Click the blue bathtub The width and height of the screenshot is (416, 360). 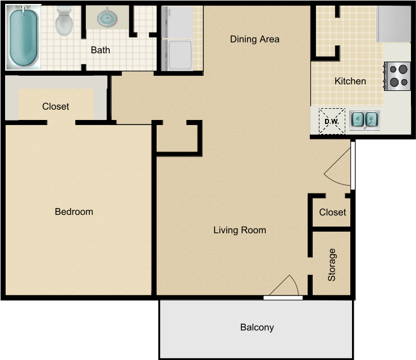click(23, 38)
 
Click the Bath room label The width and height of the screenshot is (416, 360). click(100, 50)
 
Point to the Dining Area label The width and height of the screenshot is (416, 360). click(254, 39)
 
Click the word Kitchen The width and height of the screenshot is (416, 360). click(350, 81)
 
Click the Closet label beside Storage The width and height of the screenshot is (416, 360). click(332, 213)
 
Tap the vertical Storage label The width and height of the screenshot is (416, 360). click(332, 265)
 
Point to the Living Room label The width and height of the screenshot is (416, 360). click(240, 230)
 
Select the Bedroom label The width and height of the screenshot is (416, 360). click(74, 212)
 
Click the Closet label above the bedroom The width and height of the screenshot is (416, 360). click(56, 106)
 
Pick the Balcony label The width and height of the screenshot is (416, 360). click(257, 327)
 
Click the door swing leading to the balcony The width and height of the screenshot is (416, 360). click(285, 287)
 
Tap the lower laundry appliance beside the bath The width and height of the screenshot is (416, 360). click(178, 55)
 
